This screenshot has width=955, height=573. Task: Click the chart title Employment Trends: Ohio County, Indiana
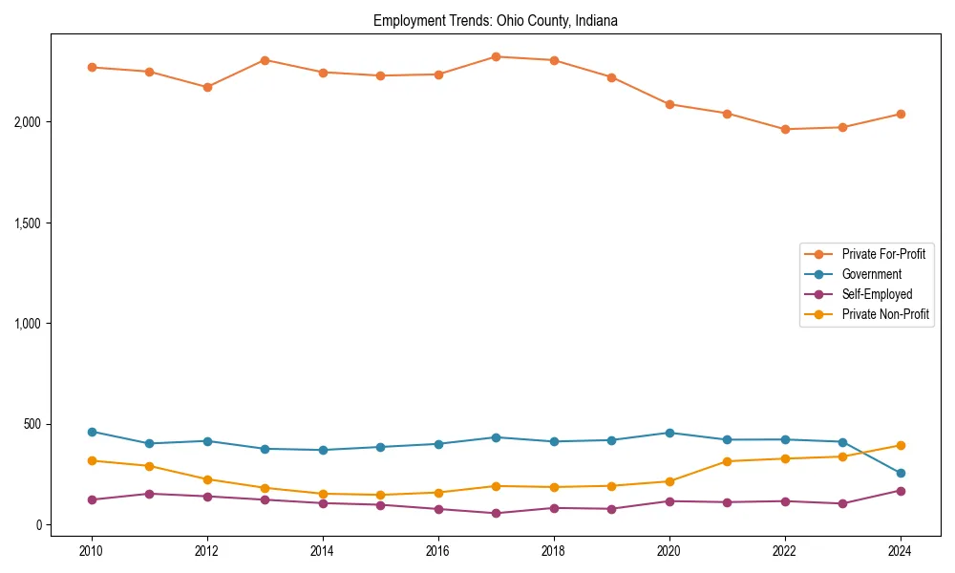pyautogui.click(x=496, y=20)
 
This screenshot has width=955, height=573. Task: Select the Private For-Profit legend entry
pyautogui.click(x=883, y=254)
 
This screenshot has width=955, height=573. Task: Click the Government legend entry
pyautogui.click(x=871, y=274)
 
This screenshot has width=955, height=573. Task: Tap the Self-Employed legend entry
pyautogui.click(x=877, y=294)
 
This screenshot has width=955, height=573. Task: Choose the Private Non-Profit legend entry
pyautogui.click(x=885, y=314)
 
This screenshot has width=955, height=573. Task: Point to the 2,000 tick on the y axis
pyautogui.click(x=26, y=122)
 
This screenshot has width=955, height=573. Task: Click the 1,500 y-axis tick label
pyautogui.click(x=26, y=223)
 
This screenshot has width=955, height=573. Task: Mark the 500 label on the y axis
pyautogui.click(x=32, y=424)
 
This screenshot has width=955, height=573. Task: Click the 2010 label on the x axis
pyautogui.click(x=92, y=551)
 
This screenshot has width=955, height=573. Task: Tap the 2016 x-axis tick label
pyautogui.click(x=438, y=551)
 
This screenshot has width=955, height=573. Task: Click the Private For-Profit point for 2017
pyautogui.click(x=496, y=56)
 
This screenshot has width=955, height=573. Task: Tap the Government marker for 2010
pyautogui.click(x=92, y=432)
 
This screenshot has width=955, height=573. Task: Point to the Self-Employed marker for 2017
pyautogui.click(x=496, y=513)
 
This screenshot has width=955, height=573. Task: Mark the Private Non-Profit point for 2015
pyautogui.click(x=380, y=495)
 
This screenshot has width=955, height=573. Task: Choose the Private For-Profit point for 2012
pyautogui.click(x=207, y=87)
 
